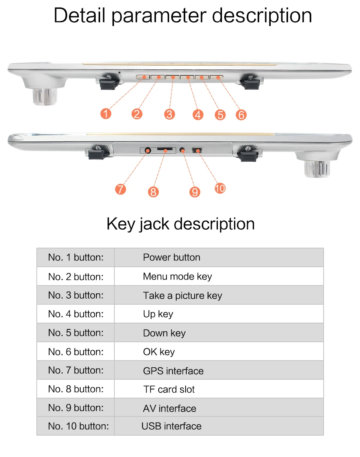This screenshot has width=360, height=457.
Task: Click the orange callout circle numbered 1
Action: click(x=106, y=114)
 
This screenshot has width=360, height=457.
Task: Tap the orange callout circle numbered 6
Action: click(x=241, y=115)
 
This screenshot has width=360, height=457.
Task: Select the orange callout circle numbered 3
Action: click(x=169, y=114)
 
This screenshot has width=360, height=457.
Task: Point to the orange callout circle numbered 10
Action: click(x=220, y=188)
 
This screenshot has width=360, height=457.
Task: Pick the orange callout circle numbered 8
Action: click(x=153, y=192)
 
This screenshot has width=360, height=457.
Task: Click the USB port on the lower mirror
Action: click(x=197, y=150)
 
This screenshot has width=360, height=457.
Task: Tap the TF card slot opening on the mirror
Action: click(x=165, y=149)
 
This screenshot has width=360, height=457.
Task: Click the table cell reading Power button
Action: click(x=219, y=257)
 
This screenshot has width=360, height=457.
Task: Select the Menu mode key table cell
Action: click(x=219, y=276)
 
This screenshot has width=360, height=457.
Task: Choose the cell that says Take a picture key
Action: click(x=219, y=295)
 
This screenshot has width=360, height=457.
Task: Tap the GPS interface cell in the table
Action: click(x=219, y=370)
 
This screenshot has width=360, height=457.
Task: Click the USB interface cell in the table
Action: click(x=219, y=426)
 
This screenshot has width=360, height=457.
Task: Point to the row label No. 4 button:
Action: click(x=76, y=314)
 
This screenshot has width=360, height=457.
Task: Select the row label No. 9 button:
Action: click(x=76, y=408)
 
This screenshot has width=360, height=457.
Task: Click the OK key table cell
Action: click(x=219, y=351)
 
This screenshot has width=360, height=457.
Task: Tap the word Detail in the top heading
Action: click(x=79, y=15)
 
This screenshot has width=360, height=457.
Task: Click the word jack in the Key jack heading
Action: click(x=154, y=224)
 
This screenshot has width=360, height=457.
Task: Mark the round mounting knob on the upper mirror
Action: click(x=45, y=97)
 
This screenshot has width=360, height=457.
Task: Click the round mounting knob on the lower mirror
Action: click(x=317, y=168)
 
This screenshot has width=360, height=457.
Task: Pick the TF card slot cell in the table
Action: click(x=219, y=389)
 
